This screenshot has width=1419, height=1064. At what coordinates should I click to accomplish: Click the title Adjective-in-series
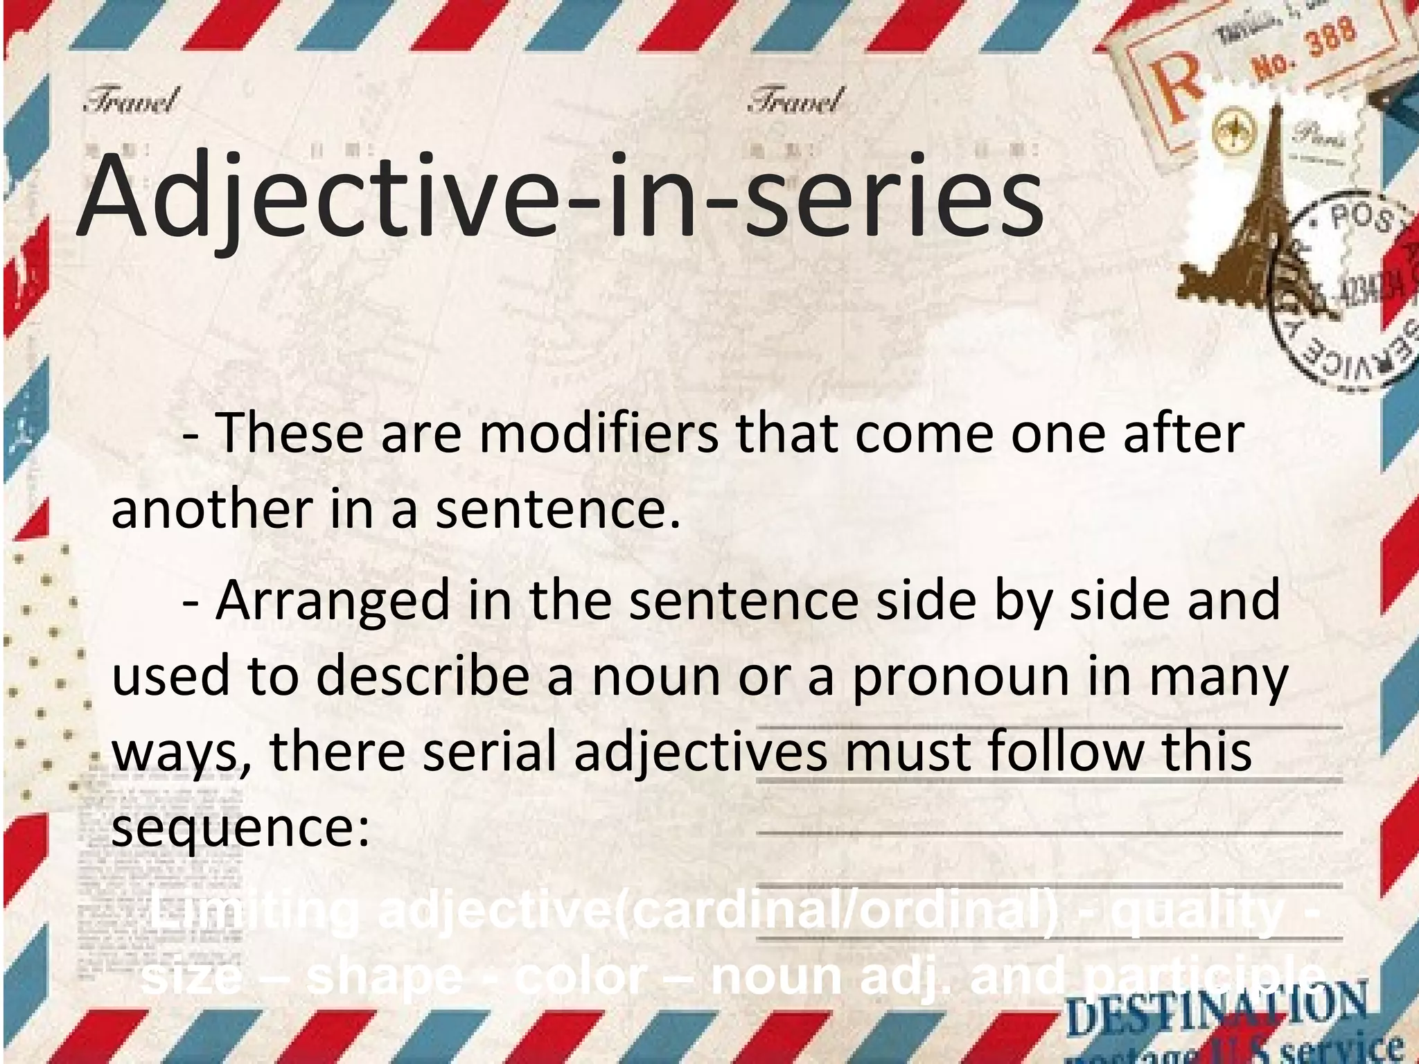click(560, 197)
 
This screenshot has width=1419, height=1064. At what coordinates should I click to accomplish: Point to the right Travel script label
click(796, 101)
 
